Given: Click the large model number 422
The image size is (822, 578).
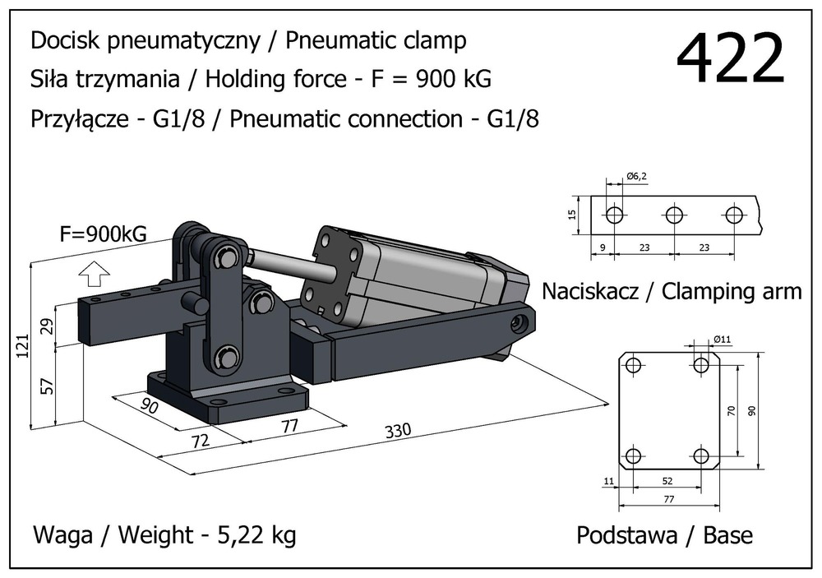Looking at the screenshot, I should [730, 60].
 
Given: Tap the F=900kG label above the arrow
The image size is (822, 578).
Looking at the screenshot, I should [104, 234].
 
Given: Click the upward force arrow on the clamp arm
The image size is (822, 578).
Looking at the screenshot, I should [97, 271].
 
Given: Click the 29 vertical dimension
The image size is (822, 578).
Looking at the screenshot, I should [48, 326].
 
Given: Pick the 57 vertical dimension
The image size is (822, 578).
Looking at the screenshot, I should [48, 384].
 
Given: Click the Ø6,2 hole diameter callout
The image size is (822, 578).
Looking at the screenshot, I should [638, 176].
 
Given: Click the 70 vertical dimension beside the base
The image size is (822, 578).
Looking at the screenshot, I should [731, 410].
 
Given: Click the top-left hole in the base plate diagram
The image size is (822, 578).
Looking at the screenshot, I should [633, 365].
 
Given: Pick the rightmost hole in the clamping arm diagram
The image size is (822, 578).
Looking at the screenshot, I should [735, 215].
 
